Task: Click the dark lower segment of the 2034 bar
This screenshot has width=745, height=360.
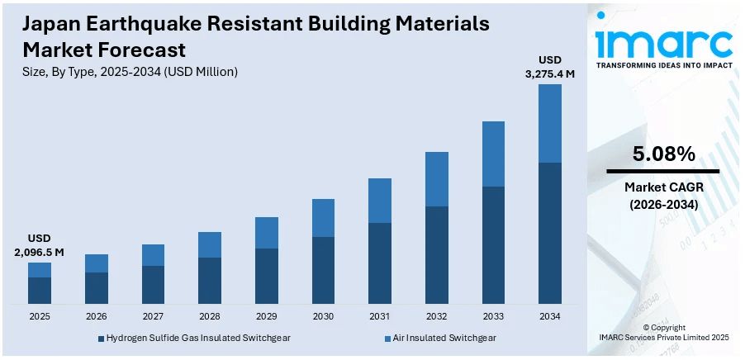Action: click(x=550, y=233)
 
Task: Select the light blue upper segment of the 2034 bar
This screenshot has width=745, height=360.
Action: click(x=550, y=123)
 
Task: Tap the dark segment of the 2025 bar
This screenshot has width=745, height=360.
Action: click(x=40, y=290)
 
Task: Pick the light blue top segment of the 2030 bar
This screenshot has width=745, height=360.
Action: click(x=323, y=218)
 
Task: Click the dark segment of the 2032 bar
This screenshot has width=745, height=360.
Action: click(x=437, y=254)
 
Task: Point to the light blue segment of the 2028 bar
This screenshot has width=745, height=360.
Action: click(x=210, y=244)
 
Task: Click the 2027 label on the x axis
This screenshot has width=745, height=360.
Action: click(x=153, y=316)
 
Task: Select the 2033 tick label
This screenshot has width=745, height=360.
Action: click(x=493, y=316)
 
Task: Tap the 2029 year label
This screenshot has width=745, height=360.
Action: click(x=266, y=316)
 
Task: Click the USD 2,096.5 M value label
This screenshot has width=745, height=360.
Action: click(x=39, y=245)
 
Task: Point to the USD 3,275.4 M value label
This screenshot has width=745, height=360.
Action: click(x=550, y=67)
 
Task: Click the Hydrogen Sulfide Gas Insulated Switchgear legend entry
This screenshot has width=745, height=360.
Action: click(x=194, y=338)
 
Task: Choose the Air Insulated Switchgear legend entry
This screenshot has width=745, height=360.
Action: click(x=443, y=338)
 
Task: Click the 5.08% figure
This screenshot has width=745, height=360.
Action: click(x=663, y=154)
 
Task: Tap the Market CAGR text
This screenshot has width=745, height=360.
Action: click(x=663, y=188)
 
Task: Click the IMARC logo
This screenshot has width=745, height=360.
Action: click(x=664, y=40)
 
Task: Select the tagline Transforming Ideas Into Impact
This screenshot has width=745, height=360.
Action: click(x=664, y=64)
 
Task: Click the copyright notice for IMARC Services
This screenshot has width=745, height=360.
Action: click(x=664, y=333)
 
